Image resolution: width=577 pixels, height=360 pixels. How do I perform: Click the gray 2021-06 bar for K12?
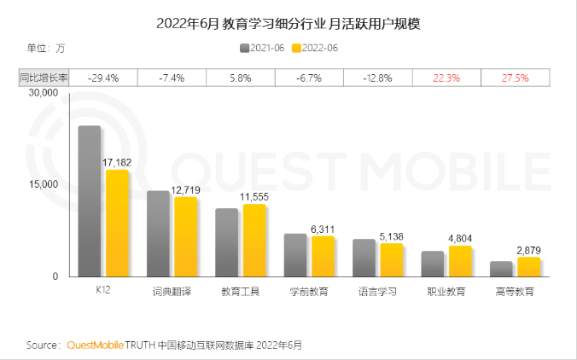pyautogui.click(x=90, y=201)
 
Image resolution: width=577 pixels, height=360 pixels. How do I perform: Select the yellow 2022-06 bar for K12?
pyautogui.click(x=117, y=224)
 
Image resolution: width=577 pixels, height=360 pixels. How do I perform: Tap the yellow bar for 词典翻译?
pyautogui.click(x=185, y=237)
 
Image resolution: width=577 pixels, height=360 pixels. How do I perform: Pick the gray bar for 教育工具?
pyautogui.click(x=226, y=242)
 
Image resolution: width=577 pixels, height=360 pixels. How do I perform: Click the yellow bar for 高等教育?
pyautogui.click(x=528, y=267)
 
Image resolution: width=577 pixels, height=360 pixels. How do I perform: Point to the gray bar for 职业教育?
pyautogui.click(x=433, y=264)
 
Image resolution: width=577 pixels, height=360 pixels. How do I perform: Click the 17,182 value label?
pyautogui.click(x=119, y=162)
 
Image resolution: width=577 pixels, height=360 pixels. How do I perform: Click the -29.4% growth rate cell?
pyautogui.click(x=103, y=78)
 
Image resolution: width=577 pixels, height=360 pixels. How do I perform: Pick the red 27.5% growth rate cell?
pyautogui.click(x=515, y=78)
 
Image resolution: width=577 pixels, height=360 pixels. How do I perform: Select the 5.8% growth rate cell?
pyautogui.click(x=240, y=78)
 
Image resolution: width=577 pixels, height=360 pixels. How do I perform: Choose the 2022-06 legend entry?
pyautogui.click(x=316, y=48)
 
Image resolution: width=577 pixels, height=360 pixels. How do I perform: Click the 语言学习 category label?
pyautogui.click(x=376, y=291)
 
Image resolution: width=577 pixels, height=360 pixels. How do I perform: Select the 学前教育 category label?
pyautogui.click(x=308, y=291)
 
